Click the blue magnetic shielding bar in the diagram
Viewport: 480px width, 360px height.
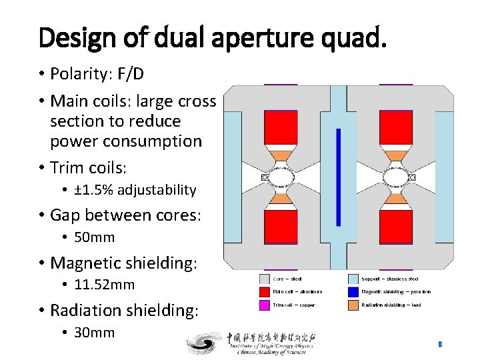pos(338,177)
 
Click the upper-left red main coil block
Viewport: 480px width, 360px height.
pos(281,127)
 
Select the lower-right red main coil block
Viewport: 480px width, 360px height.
pos(395,227)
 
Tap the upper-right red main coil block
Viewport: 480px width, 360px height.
pos(395,127)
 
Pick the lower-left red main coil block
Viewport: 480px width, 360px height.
pos(281,227)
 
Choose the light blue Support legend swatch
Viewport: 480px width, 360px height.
pos(353,279)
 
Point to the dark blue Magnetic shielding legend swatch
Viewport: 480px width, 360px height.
pos(353,291)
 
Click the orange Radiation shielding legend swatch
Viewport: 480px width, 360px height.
pos(353,305)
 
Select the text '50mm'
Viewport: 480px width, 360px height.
pos(94,237)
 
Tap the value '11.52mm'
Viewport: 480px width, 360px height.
pos(104,285)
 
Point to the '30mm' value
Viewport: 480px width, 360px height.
pos(94,332)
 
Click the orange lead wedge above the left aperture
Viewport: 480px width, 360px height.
pos(281,155)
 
